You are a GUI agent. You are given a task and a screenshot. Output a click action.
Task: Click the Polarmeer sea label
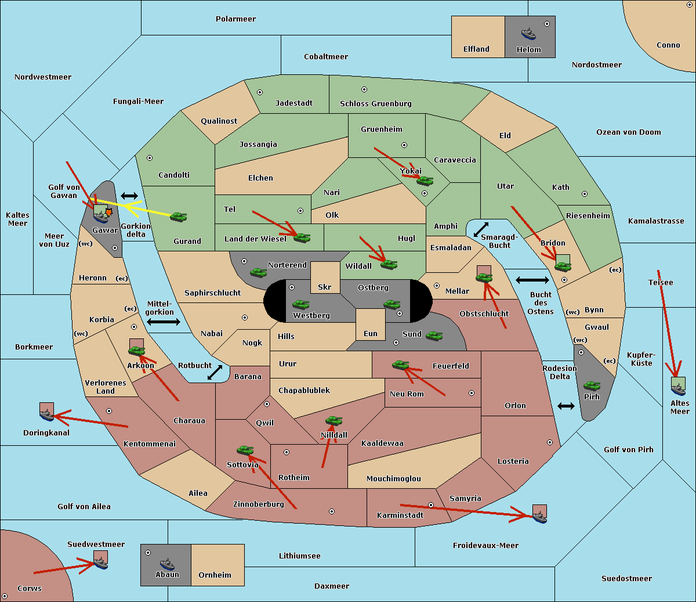235,19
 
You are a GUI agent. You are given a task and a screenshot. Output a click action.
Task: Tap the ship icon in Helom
528,34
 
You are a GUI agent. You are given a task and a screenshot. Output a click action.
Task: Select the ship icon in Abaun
167,564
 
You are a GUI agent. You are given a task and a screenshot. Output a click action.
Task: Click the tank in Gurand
178,217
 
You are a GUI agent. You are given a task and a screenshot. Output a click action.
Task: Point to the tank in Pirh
592,386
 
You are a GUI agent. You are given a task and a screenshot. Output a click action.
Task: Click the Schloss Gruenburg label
376,103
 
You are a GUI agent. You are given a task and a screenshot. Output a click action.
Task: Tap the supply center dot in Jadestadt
260,92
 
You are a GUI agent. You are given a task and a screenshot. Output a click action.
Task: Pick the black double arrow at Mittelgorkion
164,322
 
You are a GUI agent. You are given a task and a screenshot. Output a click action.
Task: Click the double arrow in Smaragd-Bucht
481,229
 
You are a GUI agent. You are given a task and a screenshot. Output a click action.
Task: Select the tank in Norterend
258,273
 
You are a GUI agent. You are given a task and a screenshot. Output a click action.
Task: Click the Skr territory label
325,287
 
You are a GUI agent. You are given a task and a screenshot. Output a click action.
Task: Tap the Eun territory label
371,333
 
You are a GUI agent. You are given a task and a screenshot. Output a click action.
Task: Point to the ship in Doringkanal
46,414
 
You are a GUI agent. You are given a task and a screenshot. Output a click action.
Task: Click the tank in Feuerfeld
400,365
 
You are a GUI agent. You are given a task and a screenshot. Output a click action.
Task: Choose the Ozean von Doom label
629,132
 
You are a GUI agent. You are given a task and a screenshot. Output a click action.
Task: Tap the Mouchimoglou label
394,478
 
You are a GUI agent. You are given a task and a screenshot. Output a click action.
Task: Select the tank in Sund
434,336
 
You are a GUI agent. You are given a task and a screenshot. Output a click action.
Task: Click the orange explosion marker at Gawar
108,212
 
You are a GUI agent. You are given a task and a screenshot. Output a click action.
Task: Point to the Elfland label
476,49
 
